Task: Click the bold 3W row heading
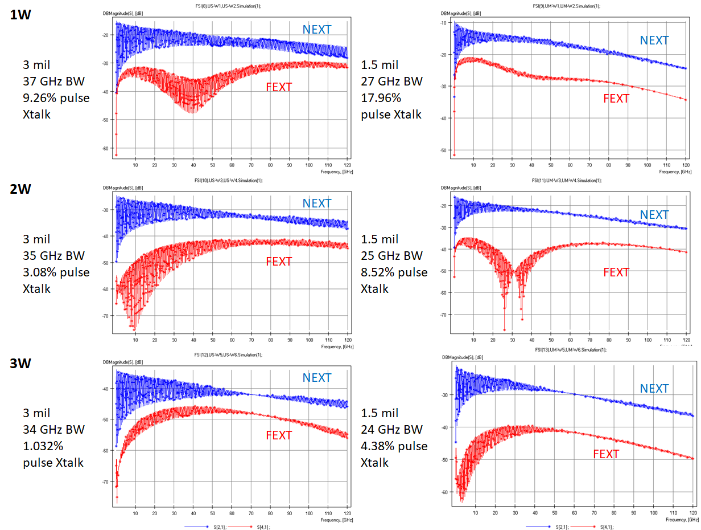click(x=21, y=362)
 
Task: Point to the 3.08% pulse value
click(x=56, y=272)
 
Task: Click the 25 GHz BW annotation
click(x=392, y=255)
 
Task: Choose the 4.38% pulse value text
click(x=394, y=446)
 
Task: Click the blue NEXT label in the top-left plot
click(x=316, y=29)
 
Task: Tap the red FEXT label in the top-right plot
click(x=616, y=99)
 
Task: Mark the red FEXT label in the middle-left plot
click(x=279, y=262)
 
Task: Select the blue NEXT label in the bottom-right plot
click(x=654, y=388)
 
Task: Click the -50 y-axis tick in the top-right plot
click(x=443, y=150)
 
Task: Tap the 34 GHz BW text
click(x=53, y=429)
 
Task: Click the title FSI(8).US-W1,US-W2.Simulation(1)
click(x=234, y=5)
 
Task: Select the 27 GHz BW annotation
click(x=392, y=81)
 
